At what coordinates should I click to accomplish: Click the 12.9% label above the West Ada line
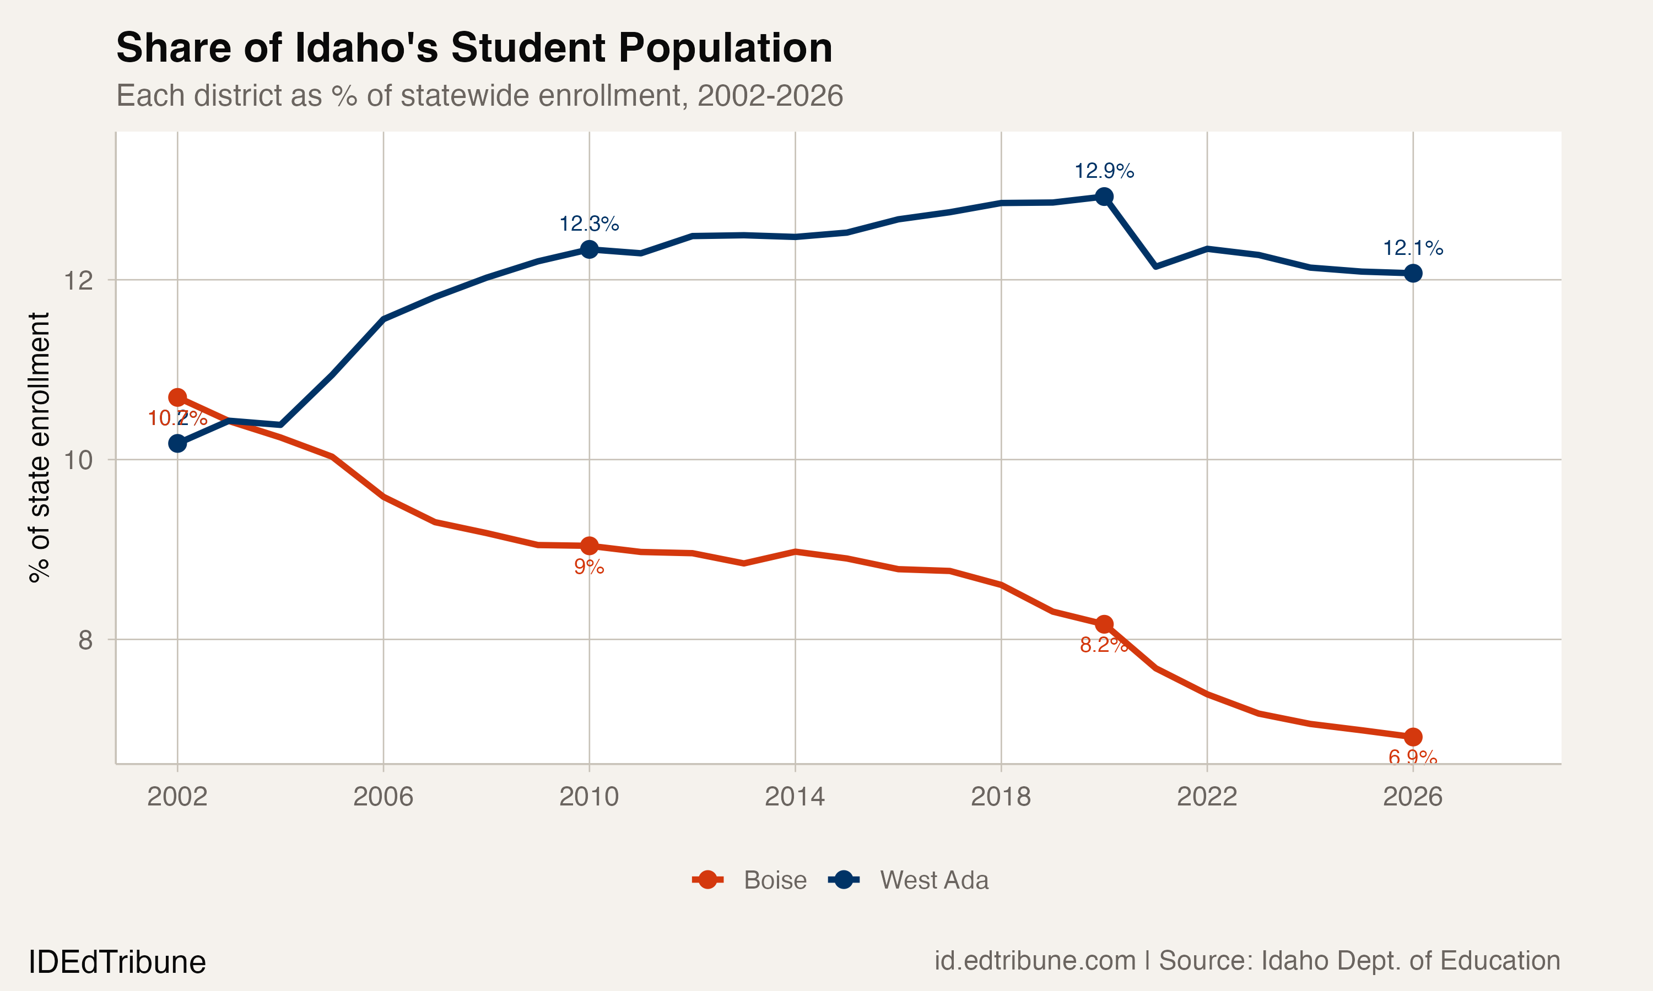[1104, 171]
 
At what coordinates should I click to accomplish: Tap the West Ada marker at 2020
[1104, 197]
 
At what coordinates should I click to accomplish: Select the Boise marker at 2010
[588, 546]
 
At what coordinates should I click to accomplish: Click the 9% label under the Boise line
[588, 567]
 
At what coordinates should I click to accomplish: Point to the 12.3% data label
[588, 224]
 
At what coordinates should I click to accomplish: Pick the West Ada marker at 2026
[1412, 273]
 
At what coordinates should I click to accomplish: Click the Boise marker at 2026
[1412, 737]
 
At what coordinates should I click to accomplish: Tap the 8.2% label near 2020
[1104, 644]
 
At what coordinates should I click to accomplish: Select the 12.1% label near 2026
[1412, 248]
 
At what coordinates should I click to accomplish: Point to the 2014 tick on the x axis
[795, 796]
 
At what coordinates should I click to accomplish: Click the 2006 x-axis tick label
[383, 796]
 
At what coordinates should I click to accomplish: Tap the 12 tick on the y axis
[78, 280]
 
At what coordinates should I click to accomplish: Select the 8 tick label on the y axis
[85, 640]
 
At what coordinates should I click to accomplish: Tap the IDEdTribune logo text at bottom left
[117, 962]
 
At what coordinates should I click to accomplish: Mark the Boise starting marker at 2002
[177, 398]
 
